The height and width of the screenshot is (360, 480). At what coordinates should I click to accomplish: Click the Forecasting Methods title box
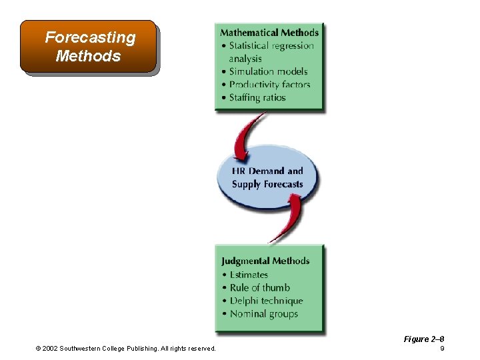89,47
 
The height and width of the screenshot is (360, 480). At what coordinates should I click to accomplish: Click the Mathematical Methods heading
269,33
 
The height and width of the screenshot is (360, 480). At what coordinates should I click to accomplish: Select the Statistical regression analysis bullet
271,52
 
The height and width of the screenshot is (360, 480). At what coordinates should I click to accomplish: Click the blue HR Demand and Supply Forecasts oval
267,177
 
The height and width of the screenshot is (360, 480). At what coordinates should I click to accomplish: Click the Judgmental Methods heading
266,261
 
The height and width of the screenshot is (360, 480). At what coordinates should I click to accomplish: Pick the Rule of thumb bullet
259,288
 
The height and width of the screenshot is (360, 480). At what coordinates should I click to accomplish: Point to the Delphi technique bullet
266,301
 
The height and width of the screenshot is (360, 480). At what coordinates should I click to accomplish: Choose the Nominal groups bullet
263,314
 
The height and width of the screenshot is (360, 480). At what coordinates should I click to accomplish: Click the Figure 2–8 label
424,339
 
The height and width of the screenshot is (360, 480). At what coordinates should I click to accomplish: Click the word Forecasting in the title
90,38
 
